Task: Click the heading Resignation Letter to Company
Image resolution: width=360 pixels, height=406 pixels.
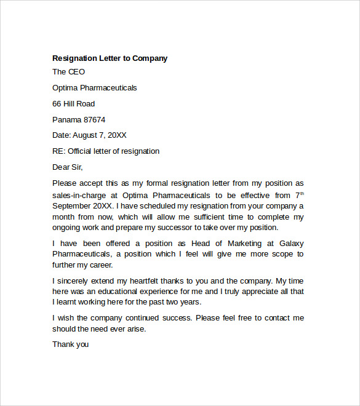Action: point(110,58)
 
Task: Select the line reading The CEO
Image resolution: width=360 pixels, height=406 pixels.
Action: point(69,72)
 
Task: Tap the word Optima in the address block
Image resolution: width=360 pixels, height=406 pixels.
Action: point(65,88)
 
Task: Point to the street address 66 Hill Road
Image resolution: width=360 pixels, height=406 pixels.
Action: point(74,104)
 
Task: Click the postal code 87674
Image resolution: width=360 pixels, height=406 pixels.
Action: point(94,119)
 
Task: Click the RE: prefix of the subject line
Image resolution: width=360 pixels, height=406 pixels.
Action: point(59,151)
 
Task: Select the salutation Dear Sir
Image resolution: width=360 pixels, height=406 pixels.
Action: point(67,167)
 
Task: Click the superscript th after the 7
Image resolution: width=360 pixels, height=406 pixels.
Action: point(302,192)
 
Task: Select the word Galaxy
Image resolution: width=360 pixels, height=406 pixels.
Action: point(290,243)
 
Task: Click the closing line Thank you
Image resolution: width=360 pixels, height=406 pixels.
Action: point(70,344)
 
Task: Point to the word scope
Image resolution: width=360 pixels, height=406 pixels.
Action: point(279,254)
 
